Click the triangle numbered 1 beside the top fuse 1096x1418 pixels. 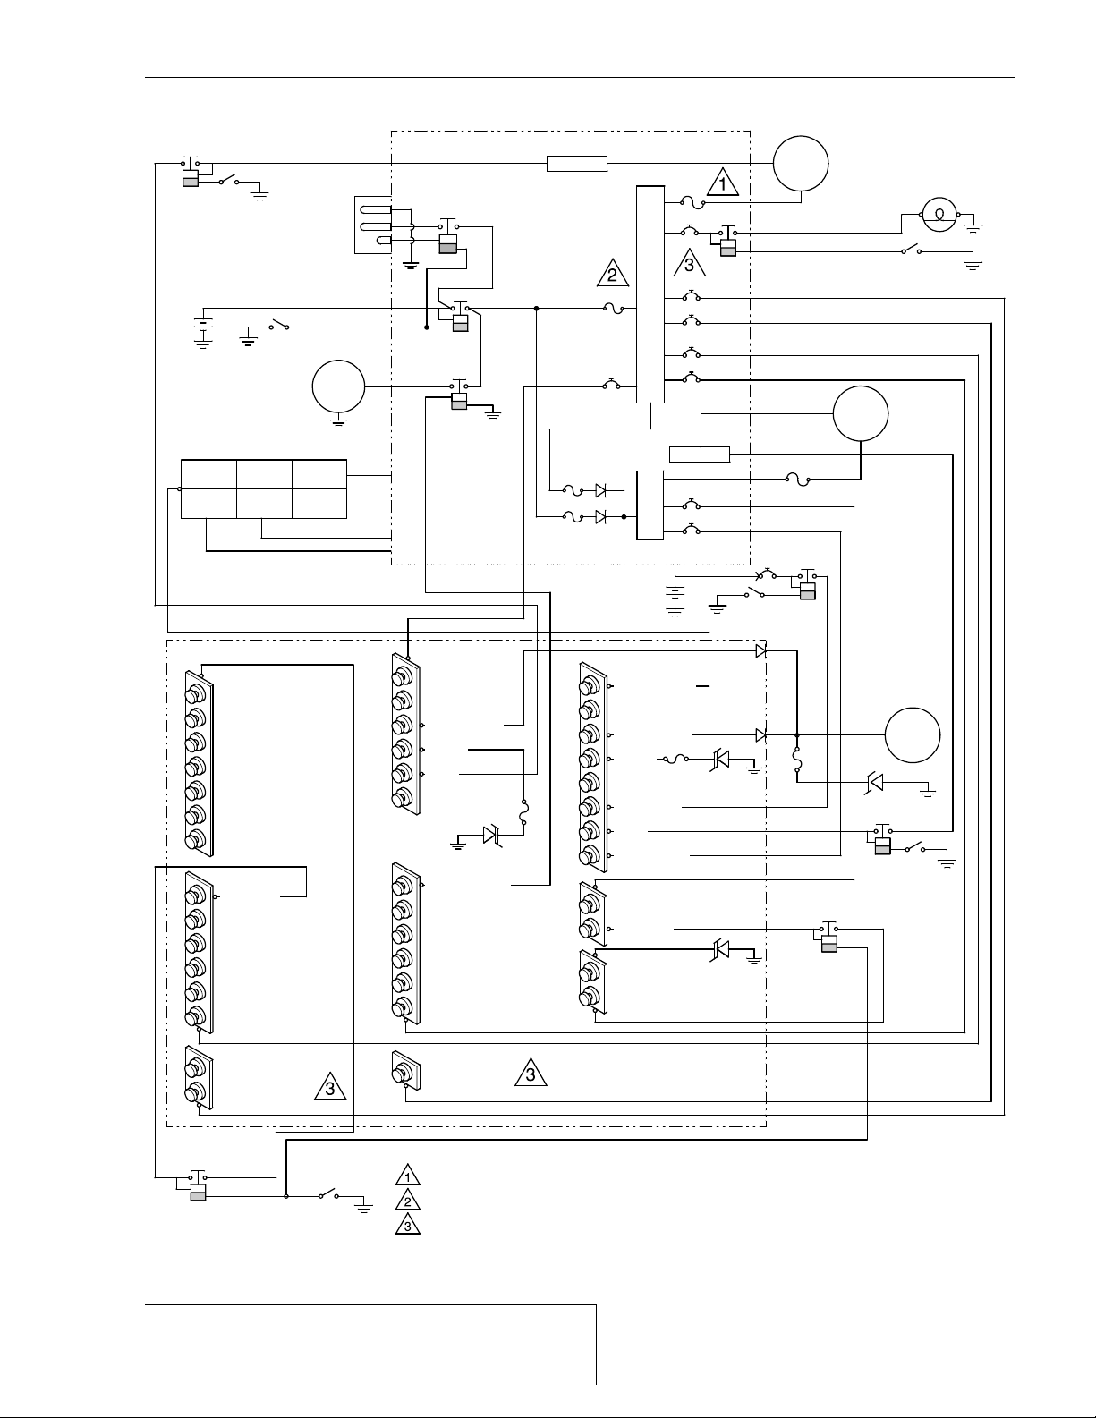coord(723,183)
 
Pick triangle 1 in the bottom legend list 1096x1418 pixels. coord(407,1176)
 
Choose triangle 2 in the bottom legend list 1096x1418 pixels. coord(407,1201)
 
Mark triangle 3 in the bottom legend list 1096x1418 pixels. coord(407,1226)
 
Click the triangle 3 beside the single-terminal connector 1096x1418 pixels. coord(531,1073)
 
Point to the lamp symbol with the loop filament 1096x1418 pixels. coord(939,215)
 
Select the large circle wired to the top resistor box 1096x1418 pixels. coord(802,163)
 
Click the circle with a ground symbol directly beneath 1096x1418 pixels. coord(338,387)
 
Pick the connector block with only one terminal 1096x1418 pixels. coord(405,1069)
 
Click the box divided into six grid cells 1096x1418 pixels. coord(264,488)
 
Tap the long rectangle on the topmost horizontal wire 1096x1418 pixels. coord(577,163)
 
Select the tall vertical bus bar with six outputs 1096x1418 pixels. coord(650,295)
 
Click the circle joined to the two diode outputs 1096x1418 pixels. coord(913,734)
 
